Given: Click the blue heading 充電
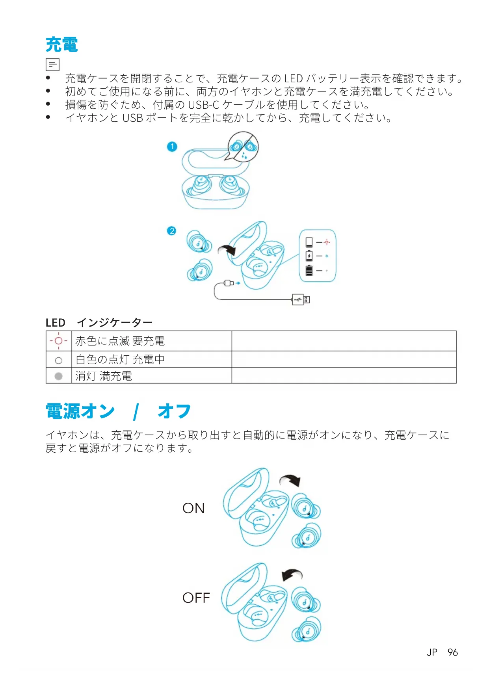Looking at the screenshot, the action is point(62,45).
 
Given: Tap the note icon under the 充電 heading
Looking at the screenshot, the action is point(52,64).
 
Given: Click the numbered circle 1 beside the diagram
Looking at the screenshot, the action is point(172,147).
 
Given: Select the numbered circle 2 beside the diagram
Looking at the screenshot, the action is point(171,231).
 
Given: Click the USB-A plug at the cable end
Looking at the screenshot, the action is point(301,299).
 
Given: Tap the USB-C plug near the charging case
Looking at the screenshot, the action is point(229,283).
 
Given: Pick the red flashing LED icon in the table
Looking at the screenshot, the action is point(59,341).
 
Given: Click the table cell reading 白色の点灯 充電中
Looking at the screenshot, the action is point(120,359).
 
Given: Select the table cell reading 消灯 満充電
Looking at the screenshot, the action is point(104,376).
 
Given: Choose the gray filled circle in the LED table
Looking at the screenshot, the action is point(59,376).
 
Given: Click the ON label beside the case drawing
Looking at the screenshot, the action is point(193,508).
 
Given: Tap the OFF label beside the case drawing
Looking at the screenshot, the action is point(196,598).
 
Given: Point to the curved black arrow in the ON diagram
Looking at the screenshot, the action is point(290,480).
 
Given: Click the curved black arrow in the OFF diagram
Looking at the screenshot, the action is point(292,575).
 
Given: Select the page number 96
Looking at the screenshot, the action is point(453,652).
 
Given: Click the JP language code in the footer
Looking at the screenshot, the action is point(432,652).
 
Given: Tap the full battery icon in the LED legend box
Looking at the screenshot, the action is point(309,270).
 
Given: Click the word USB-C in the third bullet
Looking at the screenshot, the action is point(203,105).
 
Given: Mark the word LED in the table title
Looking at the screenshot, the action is point(55,323).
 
